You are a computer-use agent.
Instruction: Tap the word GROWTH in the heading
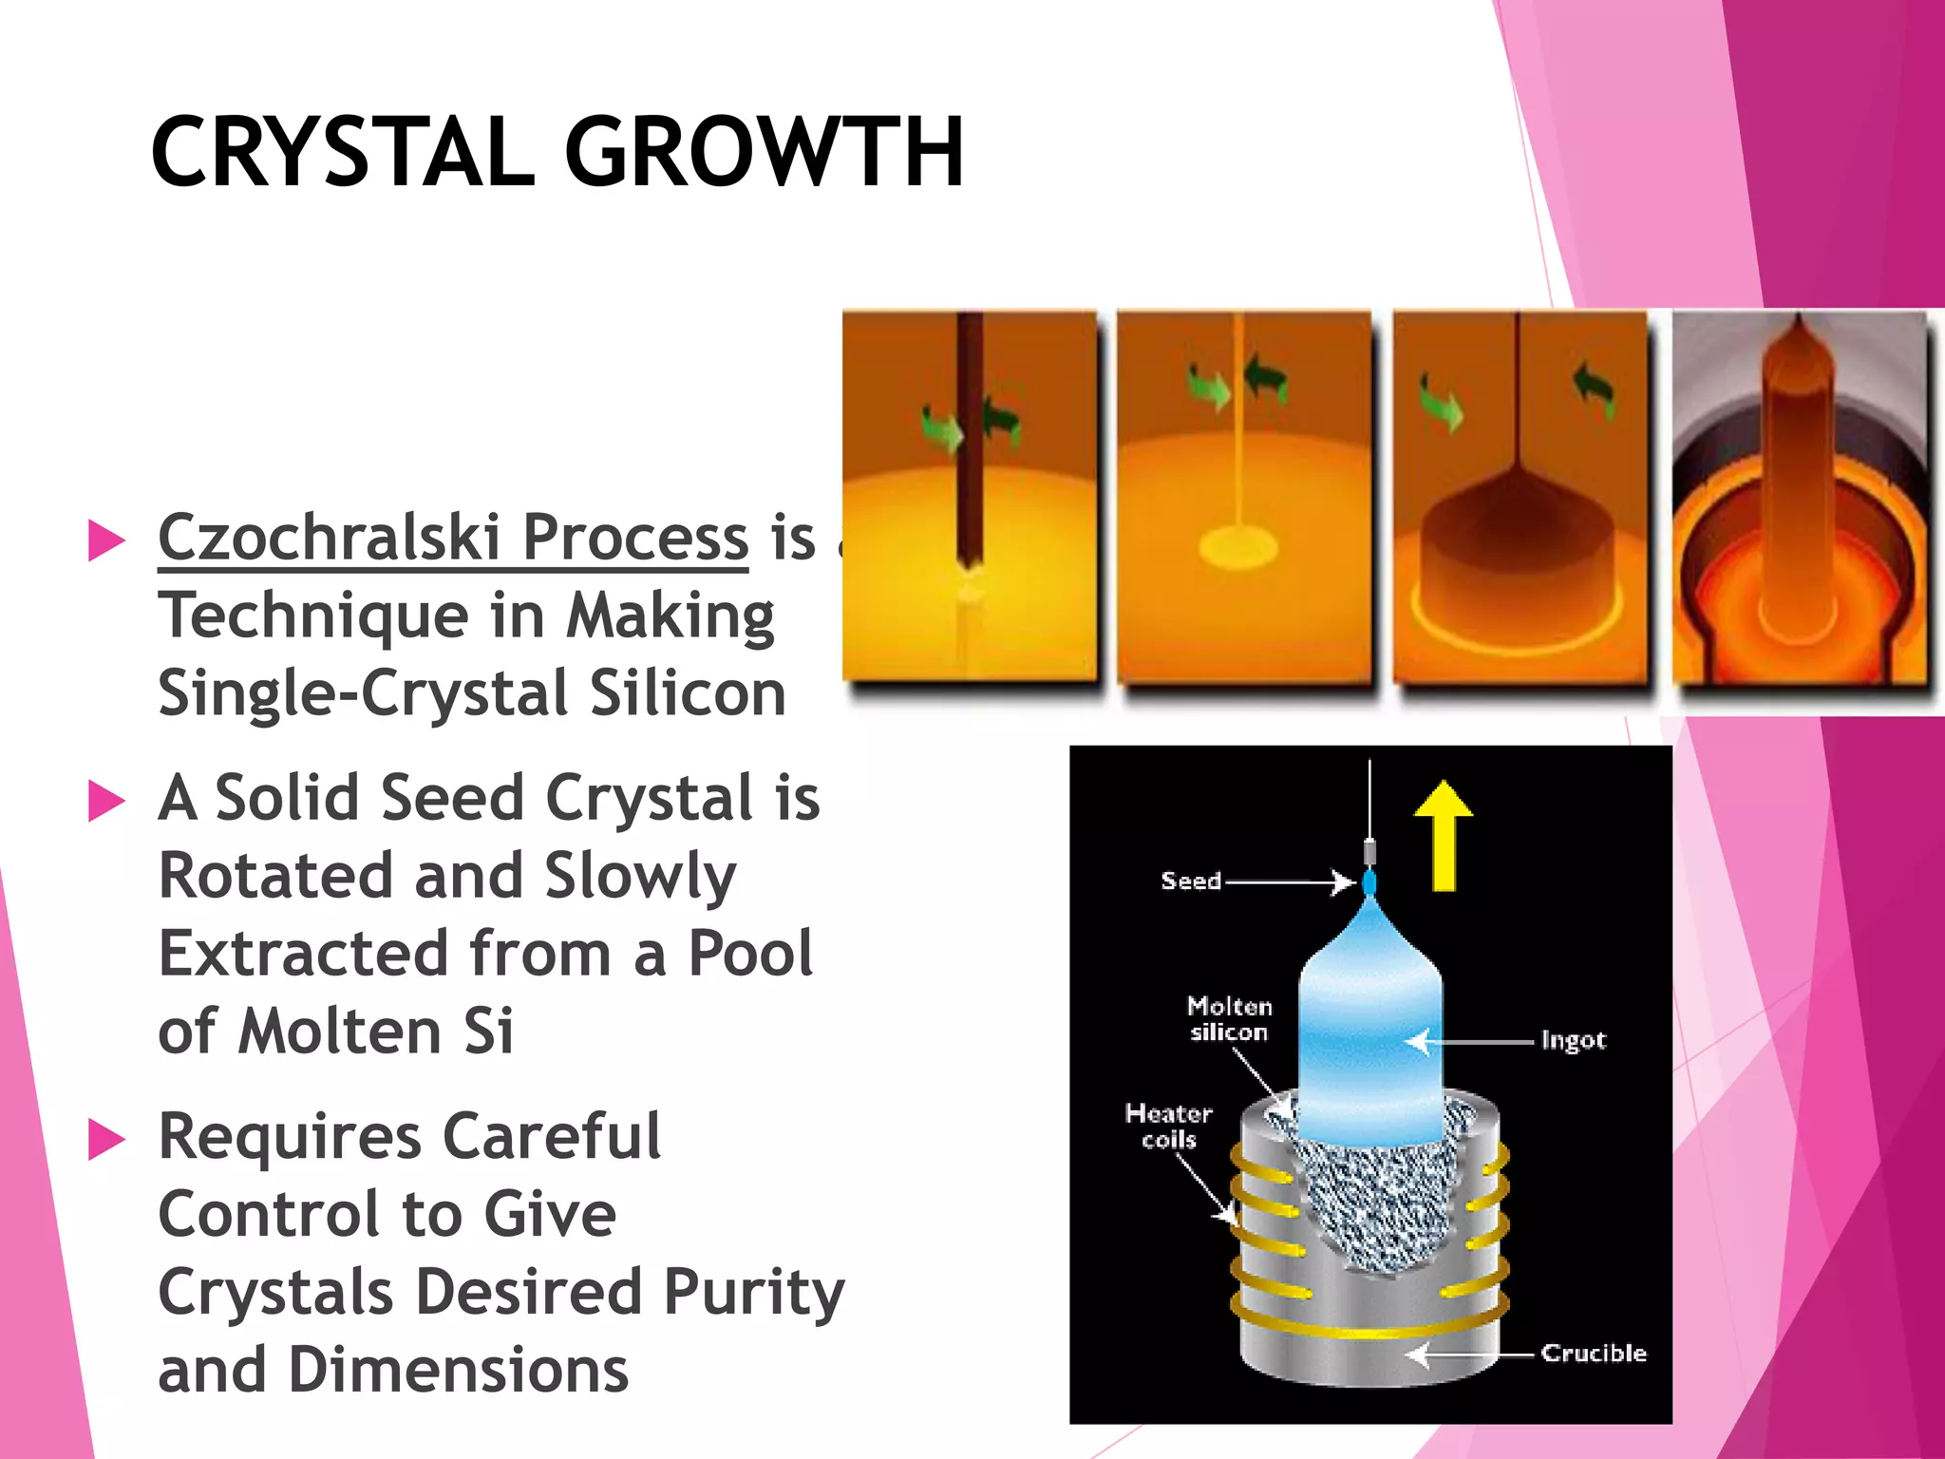765,152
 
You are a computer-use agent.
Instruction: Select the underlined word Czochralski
329,538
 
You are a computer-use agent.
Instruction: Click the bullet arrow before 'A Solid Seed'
106,800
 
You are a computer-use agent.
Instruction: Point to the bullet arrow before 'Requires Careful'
106,1139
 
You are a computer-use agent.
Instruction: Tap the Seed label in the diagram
1191,881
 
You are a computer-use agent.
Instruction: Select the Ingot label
1573,1041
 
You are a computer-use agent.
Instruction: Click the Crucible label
1593,1354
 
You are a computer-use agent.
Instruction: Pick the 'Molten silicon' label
1229,1019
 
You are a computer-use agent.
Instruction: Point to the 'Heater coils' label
1168,1127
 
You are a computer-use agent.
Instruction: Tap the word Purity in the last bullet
754,1294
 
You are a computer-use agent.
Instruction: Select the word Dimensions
458,1371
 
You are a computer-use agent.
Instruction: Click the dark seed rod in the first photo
969,437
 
